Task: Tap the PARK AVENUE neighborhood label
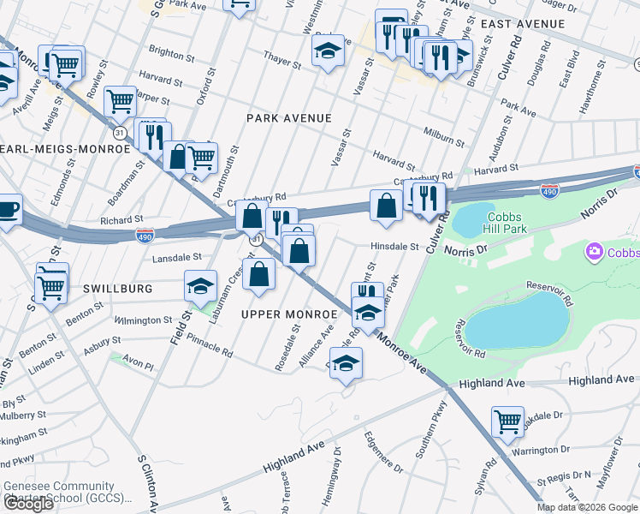(287, 117)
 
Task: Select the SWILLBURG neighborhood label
(117, 290)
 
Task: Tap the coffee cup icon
(8, 208)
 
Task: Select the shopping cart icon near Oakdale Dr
(507, 421)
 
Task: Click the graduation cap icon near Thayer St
(327, 51)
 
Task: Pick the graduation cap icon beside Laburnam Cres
(200, 285)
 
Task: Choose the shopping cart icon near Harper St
(120, 100)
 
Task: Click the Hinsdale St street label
(394, 247)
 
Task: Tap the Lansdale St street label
(176, 257)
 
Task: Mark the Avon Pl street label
(138, 364)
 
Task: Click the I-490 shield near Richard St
(145, 234)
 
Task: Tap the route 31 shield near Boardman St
(120, 133)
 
